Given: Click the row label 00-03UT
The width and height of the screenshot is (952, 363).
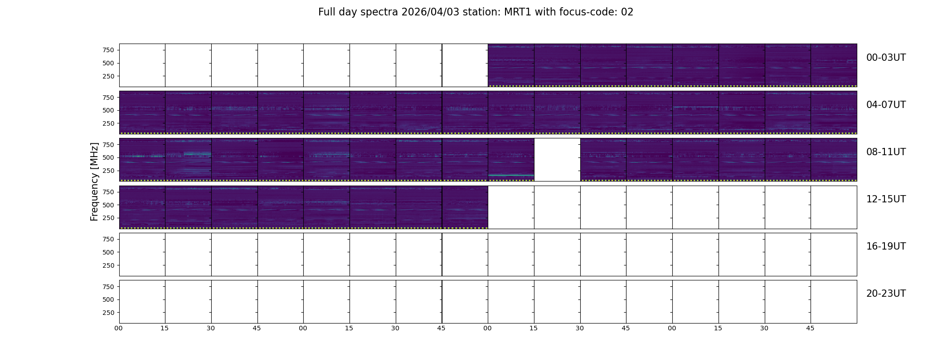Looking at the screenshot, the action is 886,58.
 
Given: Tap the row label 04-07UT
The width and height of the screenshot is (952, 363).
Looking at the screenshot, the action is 886,105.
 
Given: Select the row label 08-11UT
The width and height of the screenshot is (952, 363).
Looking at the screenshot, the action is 886,152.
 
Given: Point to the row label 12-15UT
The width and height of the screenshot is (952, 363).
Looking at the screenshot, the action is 886,199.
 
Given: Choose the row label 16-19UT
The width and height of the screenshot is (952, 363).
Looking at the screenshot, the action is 886,246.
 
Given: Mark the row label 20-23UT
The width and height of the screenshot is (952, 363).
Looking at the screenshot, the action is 886,294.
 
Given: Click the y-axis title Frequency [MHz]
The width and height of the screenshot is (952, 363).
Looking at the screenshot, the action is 94,181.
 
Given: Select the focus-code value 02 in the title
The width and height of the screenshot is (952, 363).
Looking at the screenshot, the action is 627,12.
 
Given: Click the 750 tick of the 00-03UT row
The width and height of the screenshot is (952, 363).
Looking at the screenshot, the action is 108,50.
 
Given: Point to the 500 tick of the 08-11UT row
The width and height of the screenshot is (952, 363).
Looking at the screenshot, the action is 108,157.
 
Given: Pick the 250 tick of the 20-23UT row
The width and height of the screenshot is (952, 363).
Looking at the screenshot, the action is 108,313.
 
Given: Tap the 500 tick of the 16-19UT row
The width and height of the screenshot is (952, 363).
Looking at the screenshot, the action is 108,252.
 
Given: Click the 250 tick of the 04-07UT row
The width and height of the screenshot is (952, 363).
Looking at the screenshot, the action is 108,123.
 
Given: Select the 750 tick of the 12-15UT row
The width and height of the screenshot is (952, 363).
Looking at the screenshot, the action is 108,192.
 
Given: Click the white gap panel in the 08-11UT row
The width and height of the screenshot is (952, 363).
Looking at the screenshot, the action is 557,160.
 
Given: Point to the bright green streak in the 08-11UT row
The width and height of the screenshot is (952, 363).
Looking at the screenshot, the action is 511,175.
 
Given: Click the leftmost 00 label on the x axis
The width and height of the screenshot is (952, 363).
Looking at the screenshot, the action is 118,328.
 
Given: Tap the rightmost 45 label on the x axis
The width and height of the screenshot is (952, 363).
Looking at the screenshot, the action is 810,328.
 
